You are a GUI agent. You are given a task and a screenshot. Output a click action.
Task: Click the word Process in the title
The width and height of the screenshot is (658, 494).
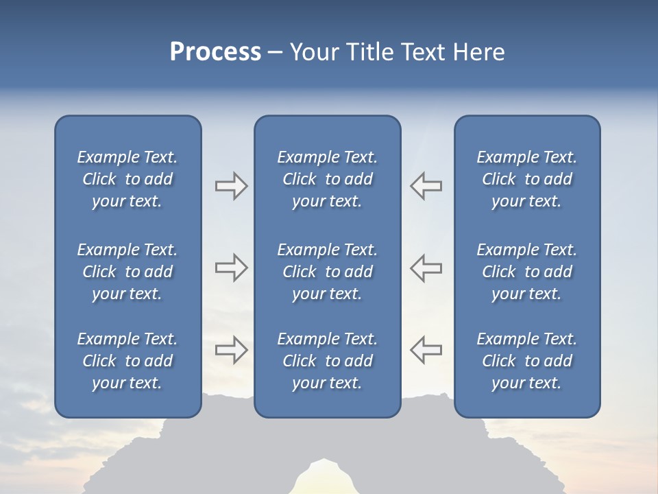click(215, 52)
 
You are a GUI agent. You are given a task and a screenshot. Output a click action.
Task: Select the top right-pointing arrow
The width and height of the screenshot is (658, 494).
click(231, 185)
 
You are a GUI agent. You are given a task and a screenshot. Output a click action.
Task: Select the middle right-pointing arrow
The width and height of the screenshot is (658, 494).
click(231, 268)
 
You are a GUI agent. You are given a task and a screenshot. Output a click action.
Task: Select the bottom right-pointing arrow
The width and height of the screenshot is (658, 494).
click(231, 350)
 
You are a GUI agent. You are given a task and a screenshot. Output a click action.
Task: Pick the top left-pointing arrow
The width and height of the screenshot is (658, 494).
click(426, 185)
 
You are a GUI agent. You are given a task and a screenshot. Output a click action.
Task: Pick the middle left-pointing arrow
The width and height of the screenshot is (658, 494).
click(426, 268)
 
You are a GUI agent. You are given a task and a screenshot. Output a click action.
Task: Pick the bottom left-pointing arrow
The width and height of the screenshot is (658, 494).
click(426, 350)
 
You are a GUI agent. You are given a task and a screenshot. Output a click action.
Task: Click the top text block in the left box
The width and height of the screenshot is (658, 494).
click(127, 179)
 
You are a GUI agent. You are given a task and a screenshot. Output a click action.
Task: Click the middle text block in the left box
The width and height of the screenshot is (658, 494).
click(127, 272)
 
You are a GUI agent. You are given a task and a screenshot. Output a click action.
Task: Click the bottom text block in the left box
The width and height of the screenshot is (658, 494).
click(127, 361)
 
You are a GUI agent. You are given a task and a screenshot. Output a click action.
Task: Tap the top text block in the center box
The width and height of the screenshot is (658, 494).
click(327, 179)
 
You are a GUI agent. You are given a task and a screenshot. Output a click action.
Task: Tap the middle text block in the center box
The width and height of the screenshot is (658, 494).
click(327, 272)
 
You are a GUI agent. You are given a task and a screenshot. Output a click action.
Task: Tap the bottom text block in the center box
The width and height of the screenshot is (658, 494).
click(327, 361)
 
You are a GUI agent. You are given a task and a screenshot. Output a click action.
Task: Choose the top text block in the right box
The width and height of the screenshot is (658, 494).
click(526, 179)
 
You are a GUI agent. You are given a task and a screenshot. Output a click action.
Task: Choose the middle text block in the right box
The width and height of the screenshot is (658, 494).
click(526, 272)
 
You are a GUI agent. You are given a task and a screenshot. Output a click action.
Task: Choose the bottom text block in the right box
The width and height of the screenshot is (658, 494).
click(526, 361)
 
